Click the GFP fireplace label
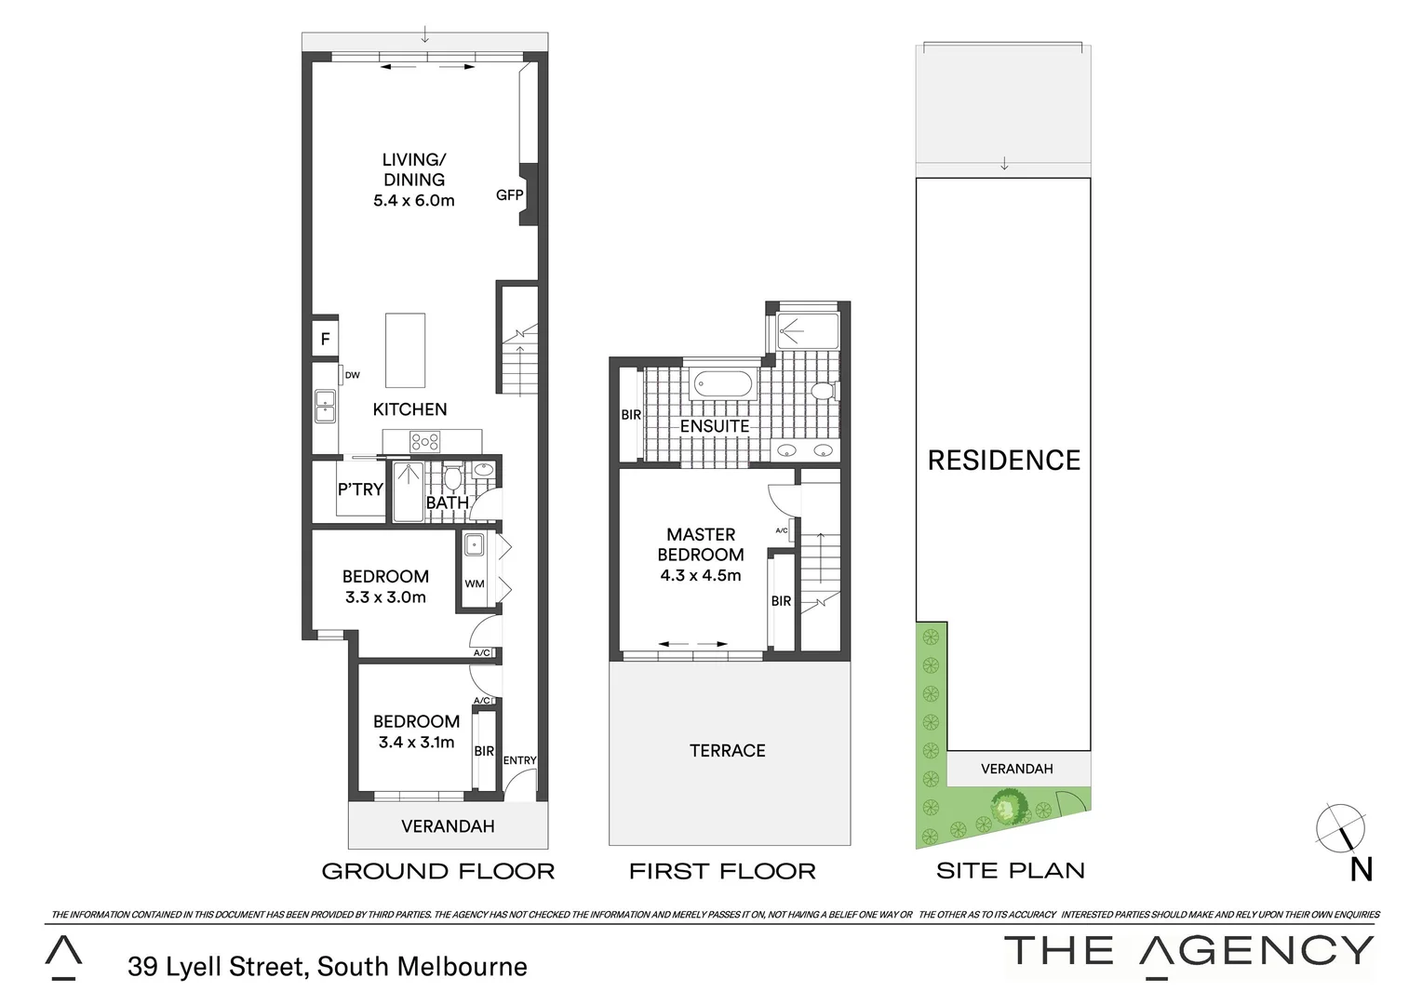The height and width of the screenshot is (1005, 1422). pos(509,195)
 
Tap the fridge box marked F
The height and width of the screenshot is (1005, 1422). pos(325,340)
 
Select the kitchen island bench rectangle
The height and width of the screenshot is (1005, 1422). pos(406,350)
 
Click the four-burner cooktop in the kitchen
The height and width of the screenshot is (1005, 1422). pos(425,443)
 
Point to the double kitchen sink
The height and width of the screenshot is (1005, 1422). pos(325,407)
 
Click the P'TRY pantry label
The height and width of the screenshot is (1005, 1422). pos(360,489)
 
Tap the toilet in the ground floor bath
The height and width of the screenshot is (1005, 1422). pos(452,478)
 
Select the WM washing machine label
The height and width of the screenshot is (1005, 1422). pos(475,583)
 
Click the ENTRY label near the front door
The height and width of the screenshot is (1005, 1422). pos(519,760)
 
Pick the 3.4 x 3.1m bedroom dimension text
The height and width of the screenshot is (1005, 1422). pos(416,743)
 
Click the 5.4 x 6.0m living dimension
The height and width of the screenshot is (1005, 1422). pos(414,200)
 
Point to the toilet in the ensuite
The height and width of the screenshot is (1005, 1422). pos(822,391)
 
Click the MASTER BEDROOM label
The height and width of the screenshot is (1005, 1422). pos(701,544)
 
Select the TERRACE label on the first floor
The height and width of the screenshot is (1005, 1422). pos(727,751)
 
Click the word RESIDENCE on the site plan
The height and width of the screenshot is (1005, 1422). pos(1004,461)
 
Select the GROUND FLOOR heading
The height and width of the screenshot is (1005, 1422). pos(437,872)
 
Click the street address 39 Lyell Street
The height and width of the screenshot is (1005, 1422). pos(328,967)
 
